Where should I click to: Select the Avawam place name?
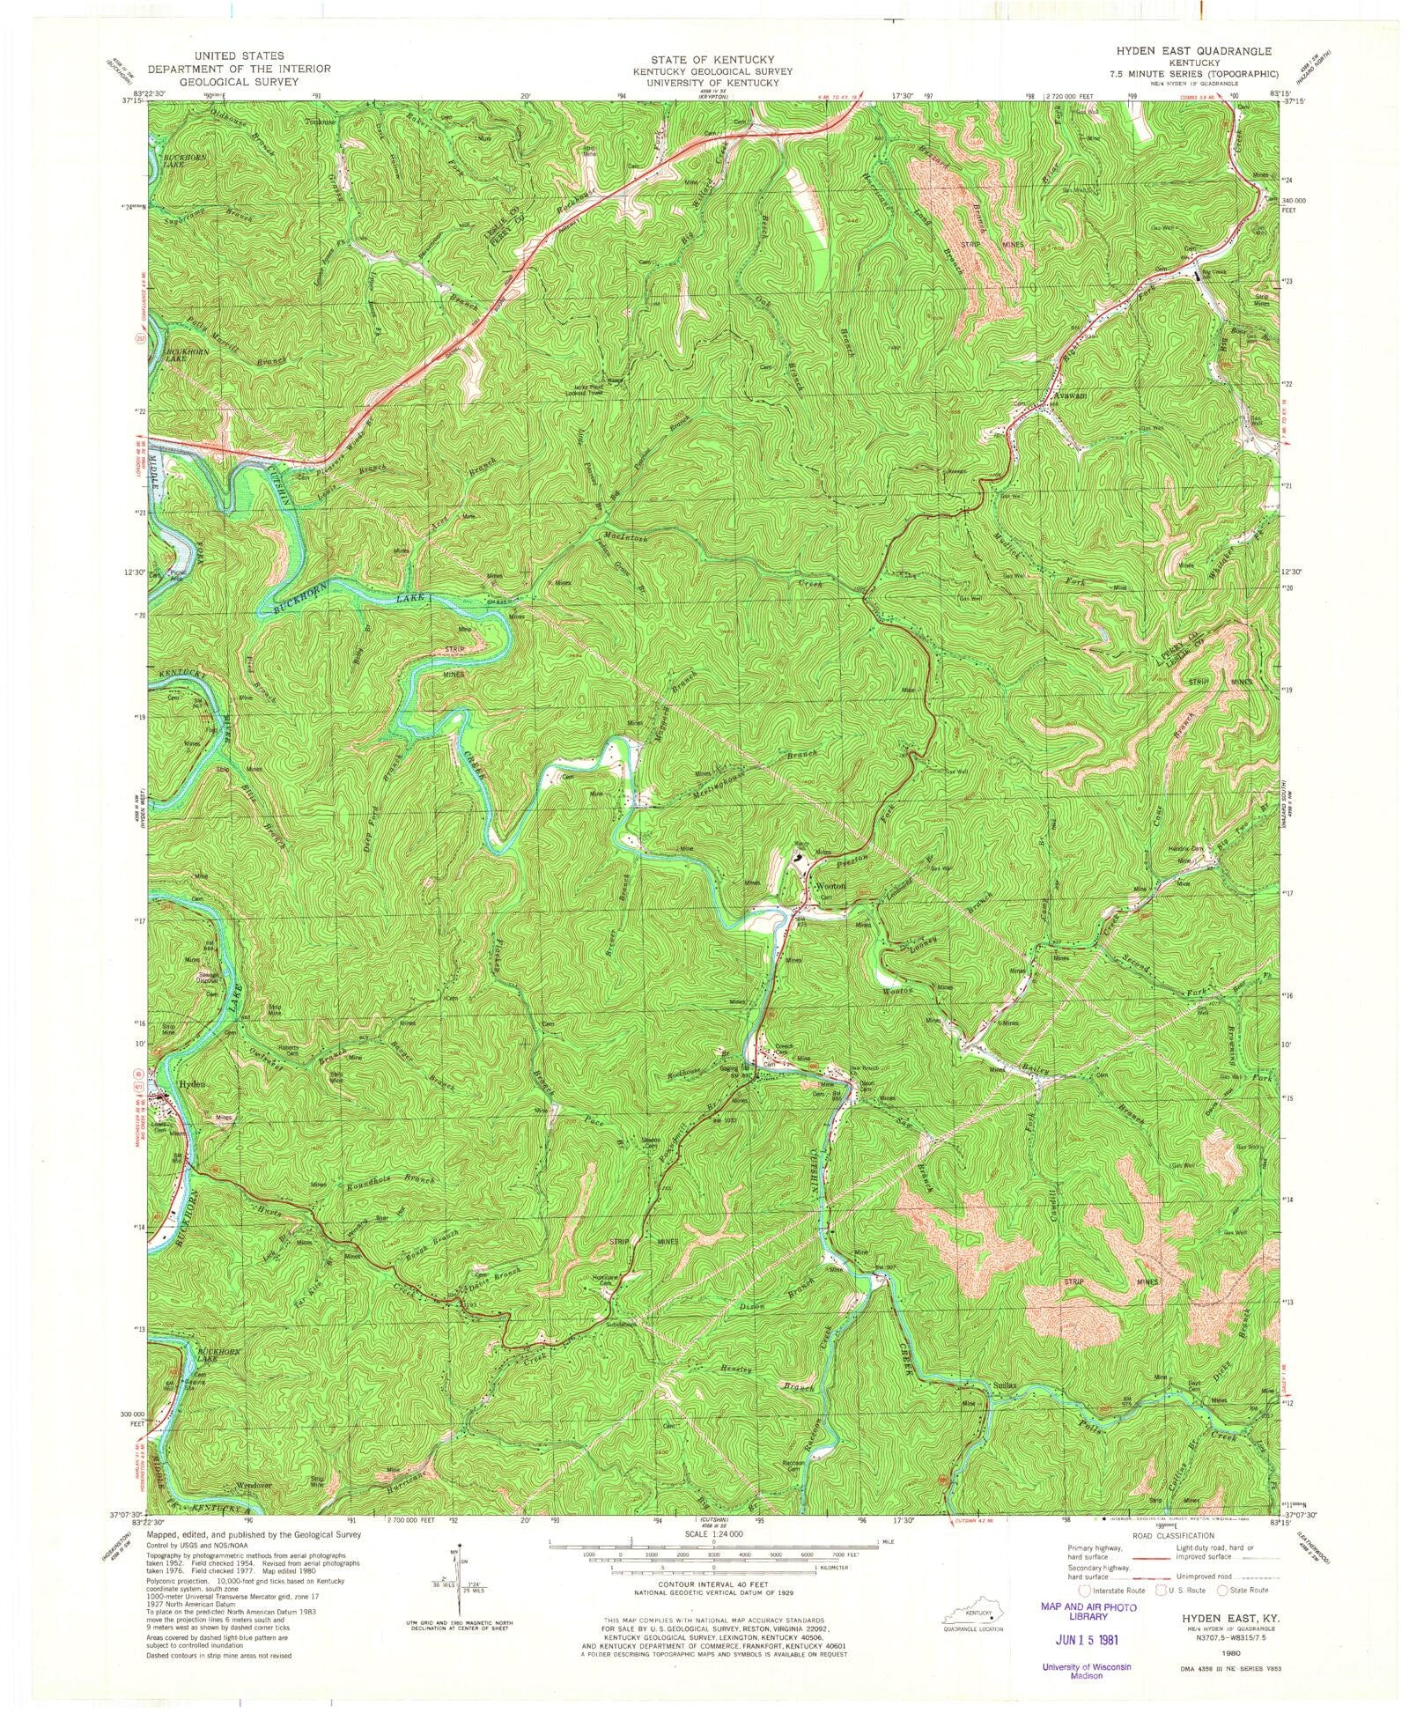tap(1069, 395)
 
